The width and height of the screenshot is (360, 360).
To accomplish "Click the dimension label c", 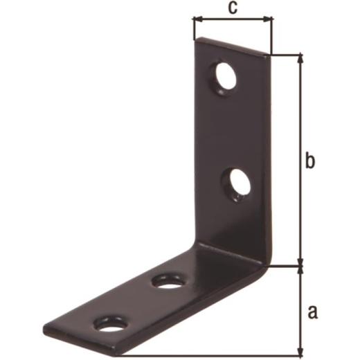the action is click(x=233, y=8).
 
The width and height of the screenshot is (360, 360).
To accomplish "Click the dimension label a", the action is click(x=313, y=312).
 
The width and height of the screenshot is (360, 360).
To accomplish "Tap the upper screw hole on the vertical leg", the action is click(x=223, y=78).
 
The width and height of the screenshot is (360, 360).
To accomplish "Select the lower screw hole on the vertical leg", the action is click(x=237, y=185).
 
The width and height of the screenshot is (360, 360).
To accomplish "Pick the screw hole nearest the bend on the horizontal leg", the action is click(x=168, y=282).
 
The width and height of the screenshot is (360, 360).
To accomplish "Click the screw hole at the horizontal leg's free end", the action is click(x=111, y=325).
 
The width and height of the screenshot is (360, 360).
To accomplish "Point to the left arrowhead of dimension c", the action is click(x=198, y=20).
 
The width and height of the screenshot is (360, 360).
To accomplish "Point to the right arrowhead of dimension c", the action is click(x=267, y=20).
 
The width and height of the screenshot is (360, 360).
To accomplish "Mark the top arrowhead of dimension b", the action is click(x=300, y=59).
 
